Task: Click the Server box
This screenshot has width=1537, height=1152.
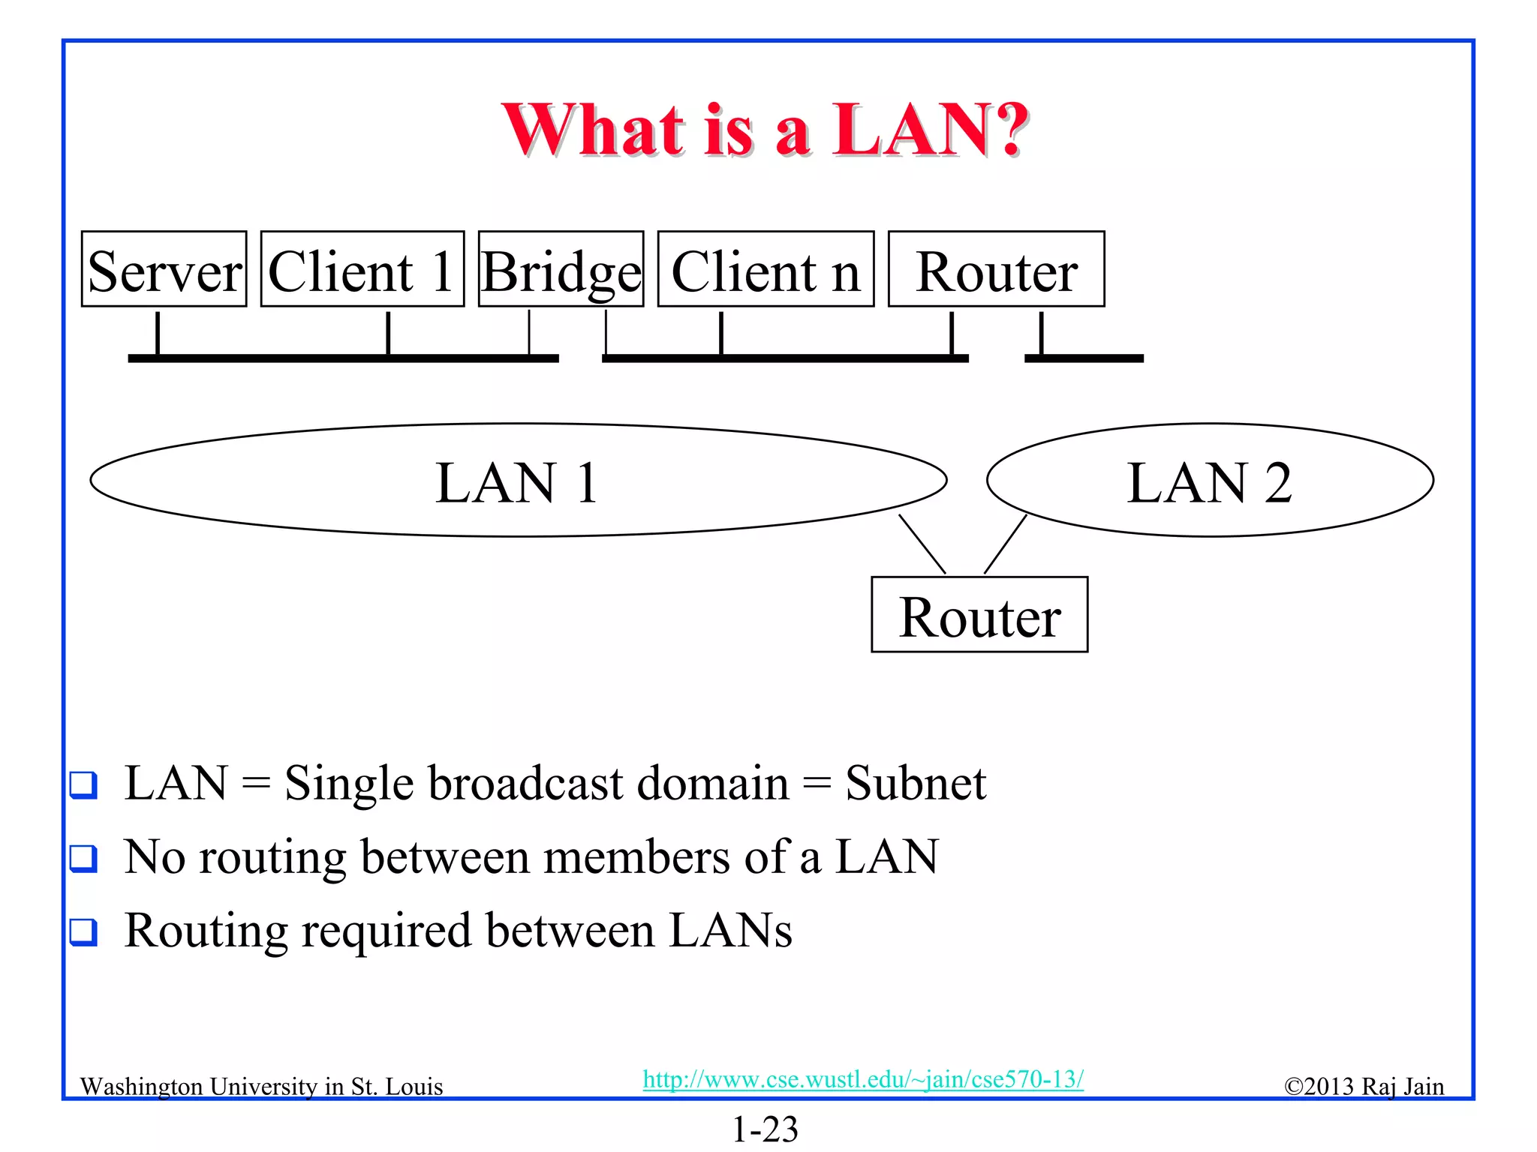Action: click(164, 269)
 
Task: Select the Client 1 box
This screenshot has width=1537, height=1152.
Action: click(362, 269)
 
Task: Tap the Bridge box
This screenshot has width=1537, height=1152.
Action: click(561, 269)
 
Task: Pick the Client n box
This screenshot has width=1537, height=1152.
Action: click(765, 269)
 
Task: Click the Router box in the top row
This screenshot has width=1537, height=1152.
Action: click(996, 269)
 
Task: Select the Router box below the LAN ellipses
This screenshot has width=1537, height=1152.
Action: click(979, 615)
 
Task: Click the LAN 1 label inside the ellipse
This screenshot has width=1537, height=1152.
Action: click(516, 482)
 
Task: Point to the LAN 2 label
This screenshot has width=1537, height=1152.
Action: click(1209, 482)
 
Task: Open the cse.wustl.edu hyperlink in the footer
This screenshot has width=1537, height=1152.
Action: click(863, 1079)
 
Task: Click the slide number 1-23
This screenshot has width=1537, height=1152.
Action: click(765, 1129)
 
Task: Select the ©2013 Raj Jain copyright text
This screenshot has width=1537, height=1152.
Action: click(1364, 1086)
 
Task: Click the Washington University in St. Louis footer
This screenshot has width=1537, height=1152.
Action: click(261, 1086)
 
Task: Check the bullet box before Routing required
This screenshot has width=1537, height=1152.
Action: click(83, 931)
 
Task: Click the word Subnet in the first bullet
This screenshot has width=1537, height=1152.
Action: click(915, 783)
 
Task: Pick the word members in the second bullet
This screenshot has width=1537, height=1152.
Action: click(636, 856)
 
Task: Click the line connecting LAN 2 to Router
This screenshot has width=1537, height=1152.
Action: click(1005, 544)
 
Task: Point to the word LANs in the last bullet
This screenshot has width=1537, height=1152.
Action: click(729, 930)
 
